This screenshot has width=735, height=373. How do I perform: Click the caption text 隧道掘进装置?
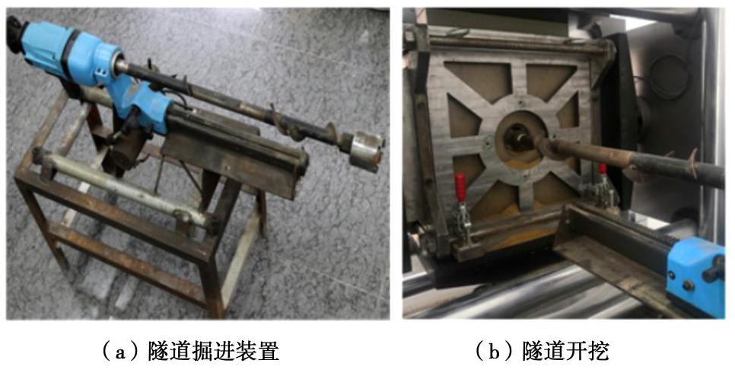click(x=213, y=352)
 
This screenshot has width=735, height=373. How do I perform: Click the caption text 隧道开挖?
click(x=565, y=352)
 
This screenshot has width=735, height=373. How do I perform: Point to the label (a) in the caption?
click(x=121, y=352)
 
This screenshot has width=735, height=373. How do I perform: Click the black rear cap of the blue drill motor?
click(x=15, y=30)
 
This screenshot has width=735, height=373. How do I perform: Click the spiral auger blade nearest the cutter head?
click(x=332, y=132)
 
